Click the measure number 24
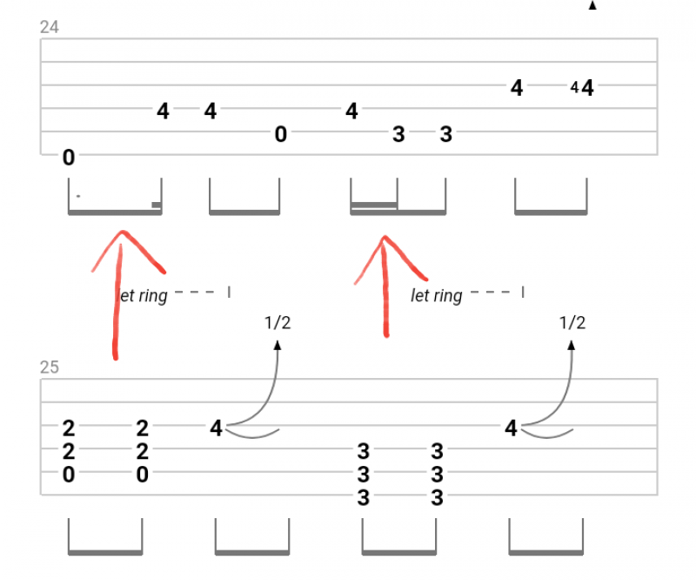50,27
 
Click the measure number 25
50,367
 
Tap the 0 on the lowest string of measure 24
69,158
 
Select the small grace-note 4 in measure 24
574,87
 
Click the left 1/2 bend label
278,323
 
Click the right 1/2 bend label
572,323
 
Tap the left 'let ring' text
144,296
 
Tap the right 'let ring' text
437,296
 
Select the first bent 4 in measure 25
216,428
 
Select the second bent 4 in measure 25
511,428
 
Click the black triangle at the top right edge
592,5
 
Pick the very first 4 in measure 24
163,111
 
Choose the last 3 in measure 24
445,134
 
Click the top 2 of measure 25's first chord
69,428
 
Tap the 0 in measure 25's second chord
142,475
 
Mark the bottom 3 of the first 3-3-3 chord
363,498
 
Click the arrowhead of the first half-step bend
278,344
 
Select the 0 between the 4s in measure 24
280,134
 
